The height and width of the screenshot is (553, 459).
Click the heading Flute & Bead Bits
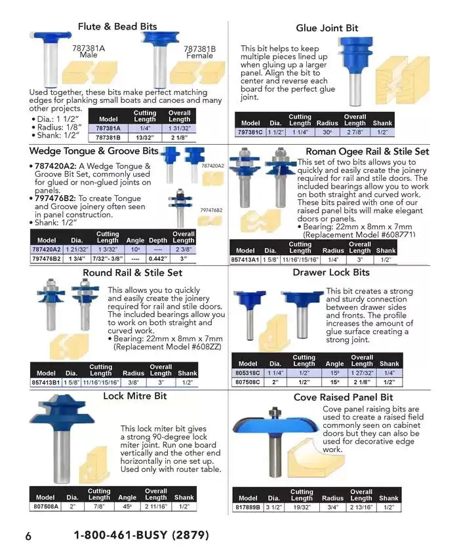[117, 27]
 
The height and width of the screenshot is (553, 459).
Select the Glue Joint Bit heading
[327, 28]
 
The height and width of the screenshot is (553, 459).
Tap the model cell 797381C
[250, 132]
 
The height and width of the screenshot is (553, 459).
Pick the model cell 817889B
[248, 507]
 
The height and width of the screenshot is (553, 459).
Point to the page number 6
[28, 536]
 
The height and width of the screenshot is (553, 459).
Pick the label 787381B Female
[199, 52]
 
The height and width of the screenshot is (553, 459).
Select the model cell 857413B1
[45, 382]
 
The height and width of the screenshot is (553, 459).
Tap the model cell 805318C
[248, 373]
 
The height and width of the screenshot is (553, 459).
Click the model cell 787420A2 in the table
[47, 250]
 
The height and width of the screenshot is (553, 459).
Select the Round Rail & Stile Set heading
[132, 273]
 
